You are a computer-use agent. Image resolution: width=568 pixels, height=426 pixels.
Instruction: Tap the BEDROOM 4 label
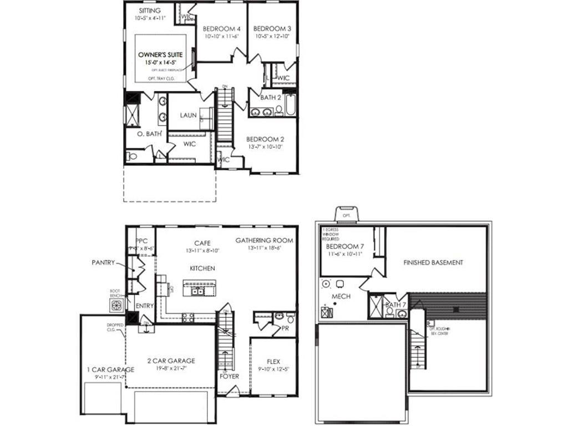(221, 29)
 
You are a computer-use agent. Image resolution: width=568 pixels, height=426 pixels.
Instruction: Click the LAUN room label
(189, 115)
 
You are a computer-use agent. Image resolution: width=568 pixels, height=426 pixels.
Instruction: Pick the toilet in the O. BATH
(131, 156)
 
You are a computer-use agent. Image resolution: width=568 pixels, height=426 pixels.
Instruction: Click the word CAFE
(201, 243)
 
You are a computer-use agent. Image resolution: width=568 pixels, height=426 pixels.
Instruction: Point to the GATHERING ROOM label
(264, 240)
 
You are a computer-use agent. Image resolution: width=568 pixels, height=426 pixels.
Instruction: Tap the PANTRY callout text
(103, 262)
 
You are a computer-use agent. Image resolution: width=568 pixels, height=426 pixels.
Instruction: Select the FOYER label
(229, 376)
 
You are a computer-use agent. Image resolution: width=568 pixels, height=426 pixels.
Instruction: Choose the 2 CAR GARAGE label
(171, 361)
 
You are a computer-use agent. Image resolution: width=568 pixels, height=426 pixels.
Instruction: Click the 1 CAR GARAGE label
(110, 370)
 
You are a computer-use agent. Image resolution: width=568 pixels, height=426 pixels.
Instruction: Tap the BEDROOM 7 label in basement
(344, 246)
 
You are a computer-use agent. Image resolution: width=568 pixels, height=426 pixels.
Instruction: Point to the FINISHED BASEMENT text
(433, 262)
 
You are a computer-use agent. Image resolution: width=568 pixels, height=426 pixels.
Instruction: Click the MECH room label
(341, 297)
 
